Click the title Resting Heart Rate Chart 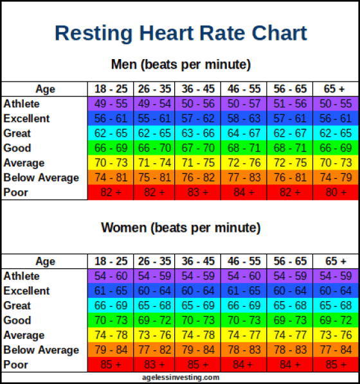coord(181,33)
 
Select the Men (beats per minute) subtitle coord(181,65)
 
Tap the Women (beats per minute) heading coord(181,228)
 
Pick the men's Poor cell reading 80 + coord(337,193)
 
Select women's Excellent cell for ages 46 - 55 coord(244,291)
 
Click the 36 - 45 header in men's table coord(199,89)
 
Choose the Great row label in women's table coord(17,306)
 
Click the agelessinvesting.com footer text coord(181,378)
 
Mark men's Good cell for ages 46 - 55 coord(244,148)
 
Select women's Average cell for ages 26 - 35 coord(154,335)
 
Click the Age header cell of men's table coord(45,89)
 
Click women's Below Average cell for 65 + coord(337,350)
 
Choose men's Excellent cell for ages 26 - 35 coord(154,119)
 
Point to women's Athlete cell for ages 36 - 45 coord(199,276)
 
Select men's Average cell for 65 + coord(337,163)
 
